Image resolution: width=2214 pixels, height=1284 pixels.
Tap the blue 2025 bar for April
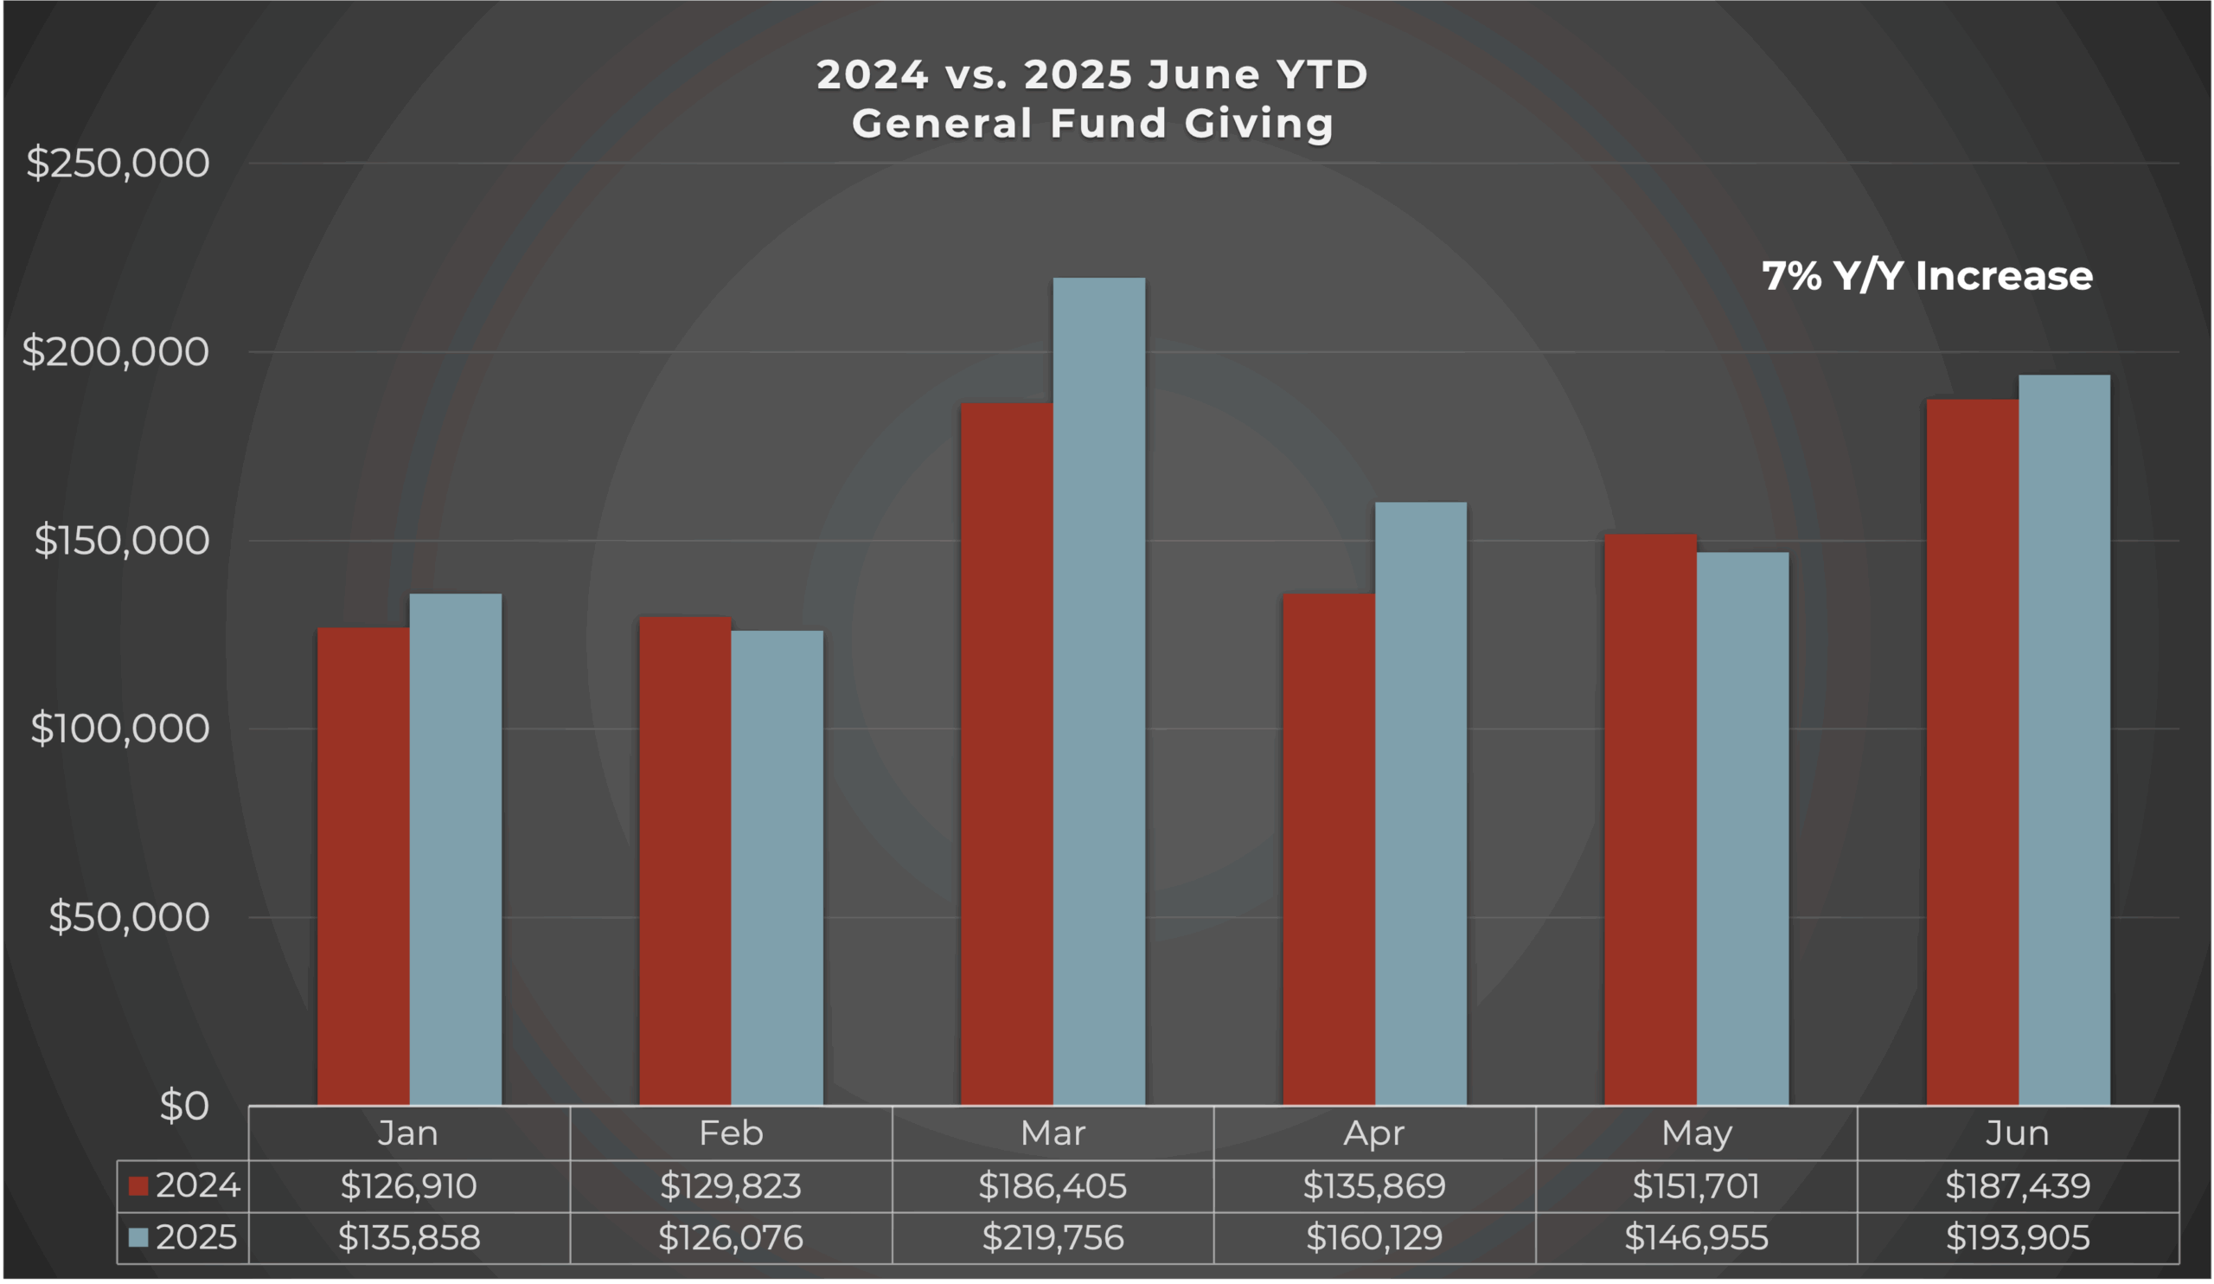(x=1421, y=803)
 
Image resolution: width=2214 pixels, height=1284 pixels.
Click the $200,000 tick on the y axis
(x=115, y=351)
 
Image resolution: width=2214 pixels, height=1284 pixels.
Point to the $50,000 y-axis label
(x=128, y=916)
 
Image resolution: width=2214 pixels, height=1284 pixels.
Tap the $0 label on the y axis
(x=183, y=1106)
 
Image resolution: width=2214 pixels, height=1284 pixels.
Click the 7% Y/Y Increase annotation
(x=1927, y=276)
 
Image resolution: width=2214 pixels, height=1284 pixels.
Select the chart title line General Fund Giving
(x=1092, y=123)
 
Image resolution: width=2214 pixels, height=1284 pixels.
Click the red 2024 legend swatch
(x=138, y=1185)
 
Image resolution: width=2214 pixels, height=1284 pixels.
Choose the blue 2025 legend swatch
(x=138, y=1237)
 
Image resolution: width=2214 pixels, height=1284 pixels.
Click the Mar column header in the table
(x=1053, y=1133)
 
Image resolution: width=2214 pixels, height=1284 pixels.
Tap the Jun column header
(x=2017, y=1133)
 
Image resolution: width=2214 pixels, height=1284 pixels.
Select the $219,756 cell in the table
(x=1053, y=1237)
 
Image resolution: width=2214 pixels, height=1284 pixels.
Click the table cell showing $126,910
(x=408, y=1185)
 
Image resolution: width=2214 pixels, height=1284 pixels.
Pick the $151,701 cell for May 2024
(x=1696, y=1185)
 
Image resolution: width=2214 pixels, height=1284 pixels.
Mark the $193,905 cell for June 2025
(x=2017, y=1237)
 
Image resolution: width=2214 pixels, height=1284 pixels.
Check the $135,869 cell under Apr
(x=1374, y=1185)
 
